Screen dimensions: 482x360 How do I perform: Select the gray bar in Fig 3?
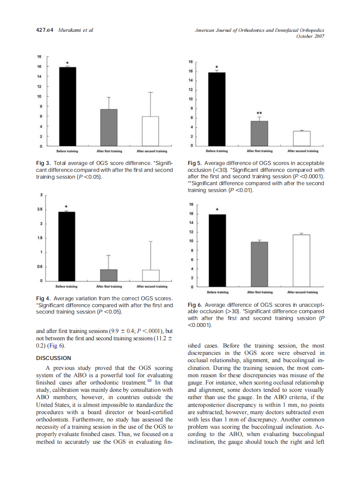(109, 128)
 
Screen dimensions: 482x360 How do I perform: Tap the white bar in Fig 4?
(151, 275)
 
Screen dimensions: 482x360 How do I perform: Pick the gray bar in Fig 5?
(259, 133)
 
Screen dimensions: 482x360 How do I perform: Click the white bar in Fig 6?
(301, 261)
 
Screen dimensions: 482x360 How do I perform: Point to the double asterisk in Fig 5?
(259, 113)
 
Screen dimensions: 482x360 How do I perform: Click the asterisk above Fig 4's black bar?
(67, 207)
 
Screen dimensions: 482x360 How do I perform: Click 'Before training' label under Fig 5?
(217, 151)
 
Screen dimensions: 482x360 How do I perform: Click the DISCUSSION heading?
(53, 358)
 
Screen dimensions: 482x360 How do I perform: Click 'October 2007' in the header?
(310, 36)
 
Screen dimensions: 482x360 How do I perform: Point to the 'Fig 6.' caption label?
(195, 305)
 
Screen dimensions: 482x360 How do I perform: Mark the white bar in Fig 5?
(301, 138)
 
